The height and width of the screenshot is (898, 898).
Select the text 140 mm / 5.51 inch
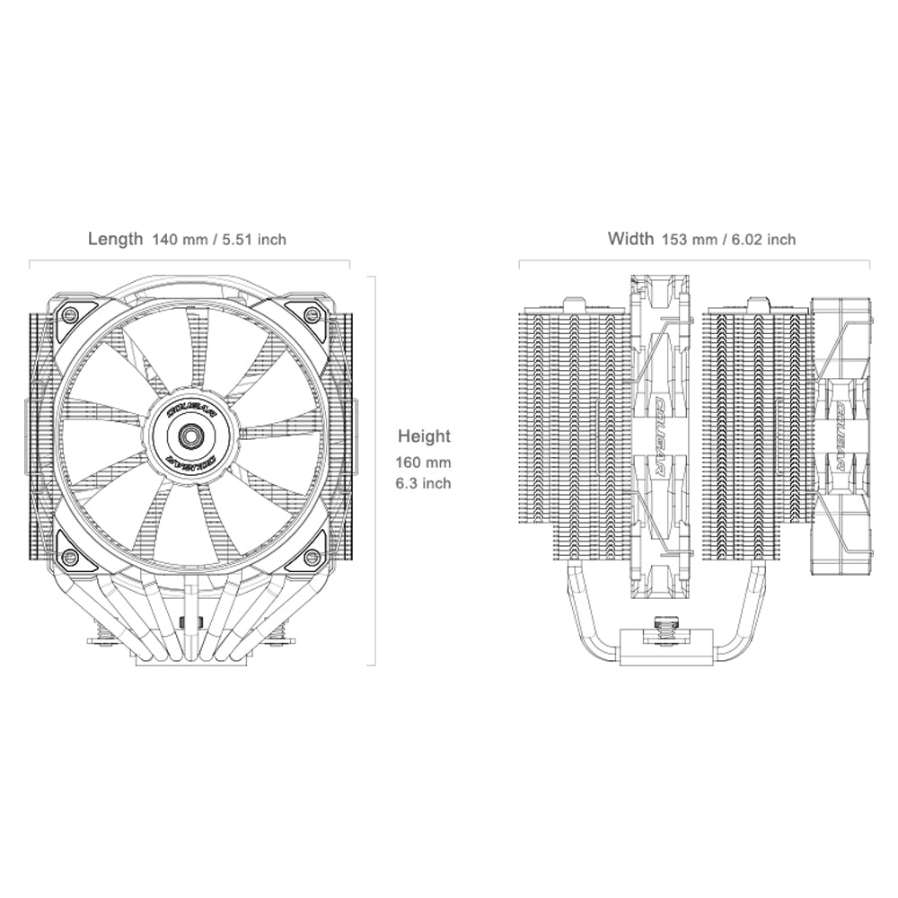219,239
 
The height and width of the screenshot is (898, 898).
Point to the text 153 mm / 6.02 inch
728,239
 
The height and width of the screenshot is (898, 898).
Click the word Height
425,436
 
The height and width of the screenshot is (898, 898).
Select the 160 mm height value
425,463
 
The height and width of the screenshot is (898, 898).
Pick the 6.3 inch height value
425,483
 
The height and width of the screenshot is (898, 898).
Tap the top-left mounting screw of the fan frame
67,313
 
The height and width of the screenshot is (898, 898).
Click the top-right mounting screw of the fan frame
312,313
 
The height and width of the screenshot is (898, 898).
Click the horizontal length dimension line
190,261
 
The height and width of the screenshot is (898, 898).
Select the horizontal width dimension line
694,261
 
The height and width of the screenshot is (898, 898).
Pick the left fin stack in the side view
572,431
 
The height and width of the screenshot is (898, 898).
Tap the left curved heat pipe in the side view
571,611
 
